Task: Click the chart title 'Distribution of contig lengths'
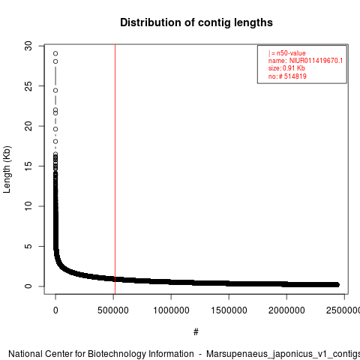click(x=196, y=22)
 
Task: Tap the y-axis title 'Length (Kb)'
click(x=7, y=169)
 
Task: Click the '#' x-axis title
click(x=196, y=332)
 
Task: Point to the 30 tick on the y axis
click(x=28, y=46)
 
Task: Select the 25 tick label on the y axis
click(x=28, y=86)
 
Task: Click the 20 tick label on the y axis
click(x=28, y=126)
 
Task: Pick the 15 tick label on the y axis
click(x=28, y=166)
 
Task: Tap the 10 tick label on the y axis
click(x=28, y=206)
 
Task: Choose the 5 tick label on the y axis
click(x=28, y=246)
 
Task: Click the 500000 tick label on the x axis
click(x=113, y=310)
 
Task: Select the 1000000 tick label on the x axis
click(x=171, y=310)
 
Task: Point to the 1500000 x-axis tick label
click(x=229, y=310)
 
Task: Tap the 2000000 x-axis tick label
click(x=286, y=310)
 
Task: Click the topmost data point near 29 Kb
click(x=55, y=53)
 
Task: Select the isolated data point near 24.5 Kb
click(x=55, y=91)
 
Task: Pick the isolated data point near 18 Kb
click(x=55, y=142)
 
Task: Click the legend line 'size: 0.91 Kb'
click(x=286, y=68)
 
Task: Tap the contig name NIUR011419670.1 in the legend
click(x=316, y=61)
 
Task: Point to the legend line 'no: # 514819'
click(x=287, y=76)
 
